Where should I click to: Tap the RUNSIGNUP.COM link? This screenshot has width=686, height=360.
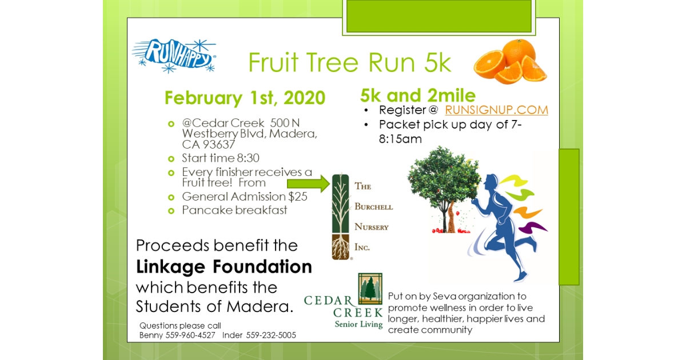pyautogui.click(x=496, y=110)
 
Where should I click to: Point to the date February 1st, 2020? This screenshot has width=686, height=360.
pyautogui.click(x=245, y=98)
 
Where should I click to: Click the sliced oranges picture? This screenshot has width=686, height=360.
pyautogui.click(x=510, y=61)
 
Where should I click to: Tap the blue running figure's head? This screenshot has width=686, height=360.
pyautogui.click(x=490, y=184)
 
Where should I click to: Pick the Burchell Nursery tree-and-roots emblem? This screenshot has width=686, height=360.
pyautogui.click(x=340, y=216)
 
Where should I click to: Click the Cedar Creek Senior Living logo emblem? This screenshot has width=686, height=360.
pyautogui.click(x=370, y=289)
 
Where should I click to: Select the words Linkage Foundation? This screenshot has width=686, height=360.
pyautogui.click(x=224, y=266)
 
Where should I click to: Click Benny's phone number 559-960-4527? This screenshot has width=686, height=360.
pyautogui.click(x=190, y=335)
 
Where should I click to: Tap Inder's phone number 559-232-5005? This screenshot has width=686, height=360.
pyautogui.click(x=271, y=335)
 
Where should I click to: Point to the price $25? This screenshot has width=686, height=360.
pyautogui.click(x=297, y=197)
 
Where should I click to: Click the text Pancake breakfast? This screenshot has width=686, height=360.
pyautogui.click(x=234, y=210)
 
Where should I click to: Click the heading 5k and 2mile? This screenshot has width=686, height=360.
pyautogui.click(x=418, y=95)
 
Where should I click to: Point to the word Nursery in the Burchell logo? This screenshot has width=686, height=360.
pyautogui.click(x=372, y=227)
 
